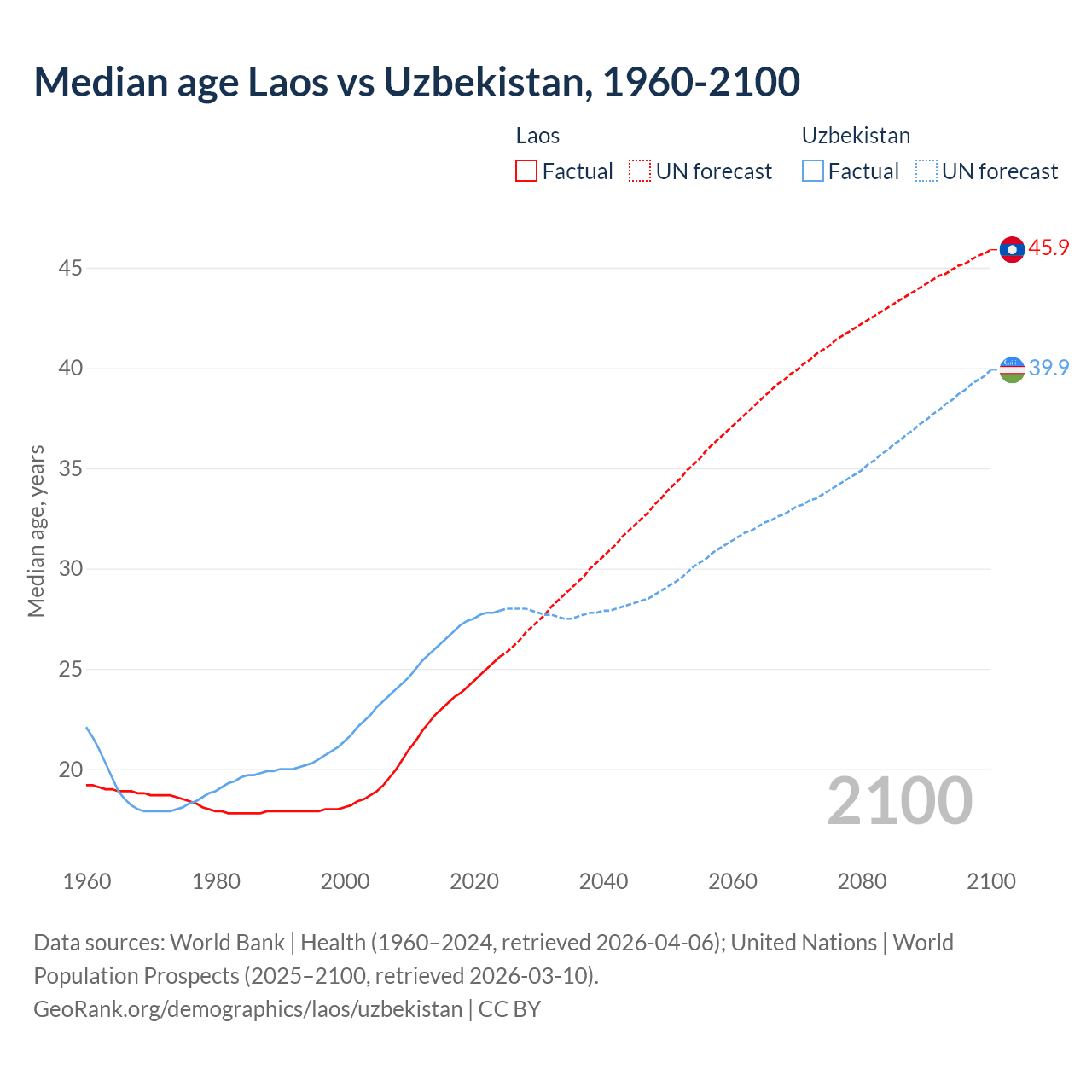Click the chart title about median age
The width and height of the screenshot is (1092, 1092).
click(416, 82)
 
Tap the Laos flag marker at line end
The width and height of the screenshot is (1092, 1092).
click(1012, 249)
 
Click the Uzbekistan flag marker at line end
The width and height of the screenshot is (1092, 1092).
click(1012, 369)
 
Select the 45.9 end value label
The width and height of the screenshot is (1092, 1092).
click(1048, 248)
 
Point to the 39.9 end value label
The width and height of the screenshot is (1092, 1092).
click(1048, 368)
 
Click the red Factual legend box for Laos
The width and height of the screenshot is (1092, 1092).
click(526, 171)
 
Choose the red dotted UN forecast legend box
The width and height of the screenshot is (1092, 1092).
click(640, 171)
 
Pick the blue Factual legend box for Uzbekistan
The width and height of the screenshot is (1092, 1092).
click(813, 171)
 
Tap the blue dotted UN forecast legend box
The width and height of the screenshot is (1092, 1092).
click(926, 171)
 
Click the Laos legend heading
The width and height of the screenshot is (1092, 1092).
click(537, 136)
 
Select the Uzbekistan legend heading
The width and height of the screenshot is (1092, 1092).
click(856, 136)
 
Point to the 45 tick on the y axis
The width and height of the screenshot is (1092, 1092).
click(70, 268)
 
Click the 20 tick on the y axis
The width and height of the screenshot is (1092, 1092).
click(70, 770)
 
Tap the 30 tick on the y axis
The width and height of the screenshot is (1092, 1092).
click(70, 569)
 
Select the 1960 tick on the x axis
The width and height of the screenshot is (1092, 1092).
click(87, 881)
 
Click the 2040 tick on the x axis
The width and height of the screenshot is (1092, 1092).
click(603, 881)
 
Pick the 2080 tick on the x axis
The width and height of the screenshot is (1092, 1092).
click(862, 881)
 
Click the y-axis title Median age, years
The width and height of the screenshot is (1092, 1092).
click(36, 531)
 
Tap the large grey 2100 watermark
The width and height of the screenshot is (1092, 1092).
click(899, 801)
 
